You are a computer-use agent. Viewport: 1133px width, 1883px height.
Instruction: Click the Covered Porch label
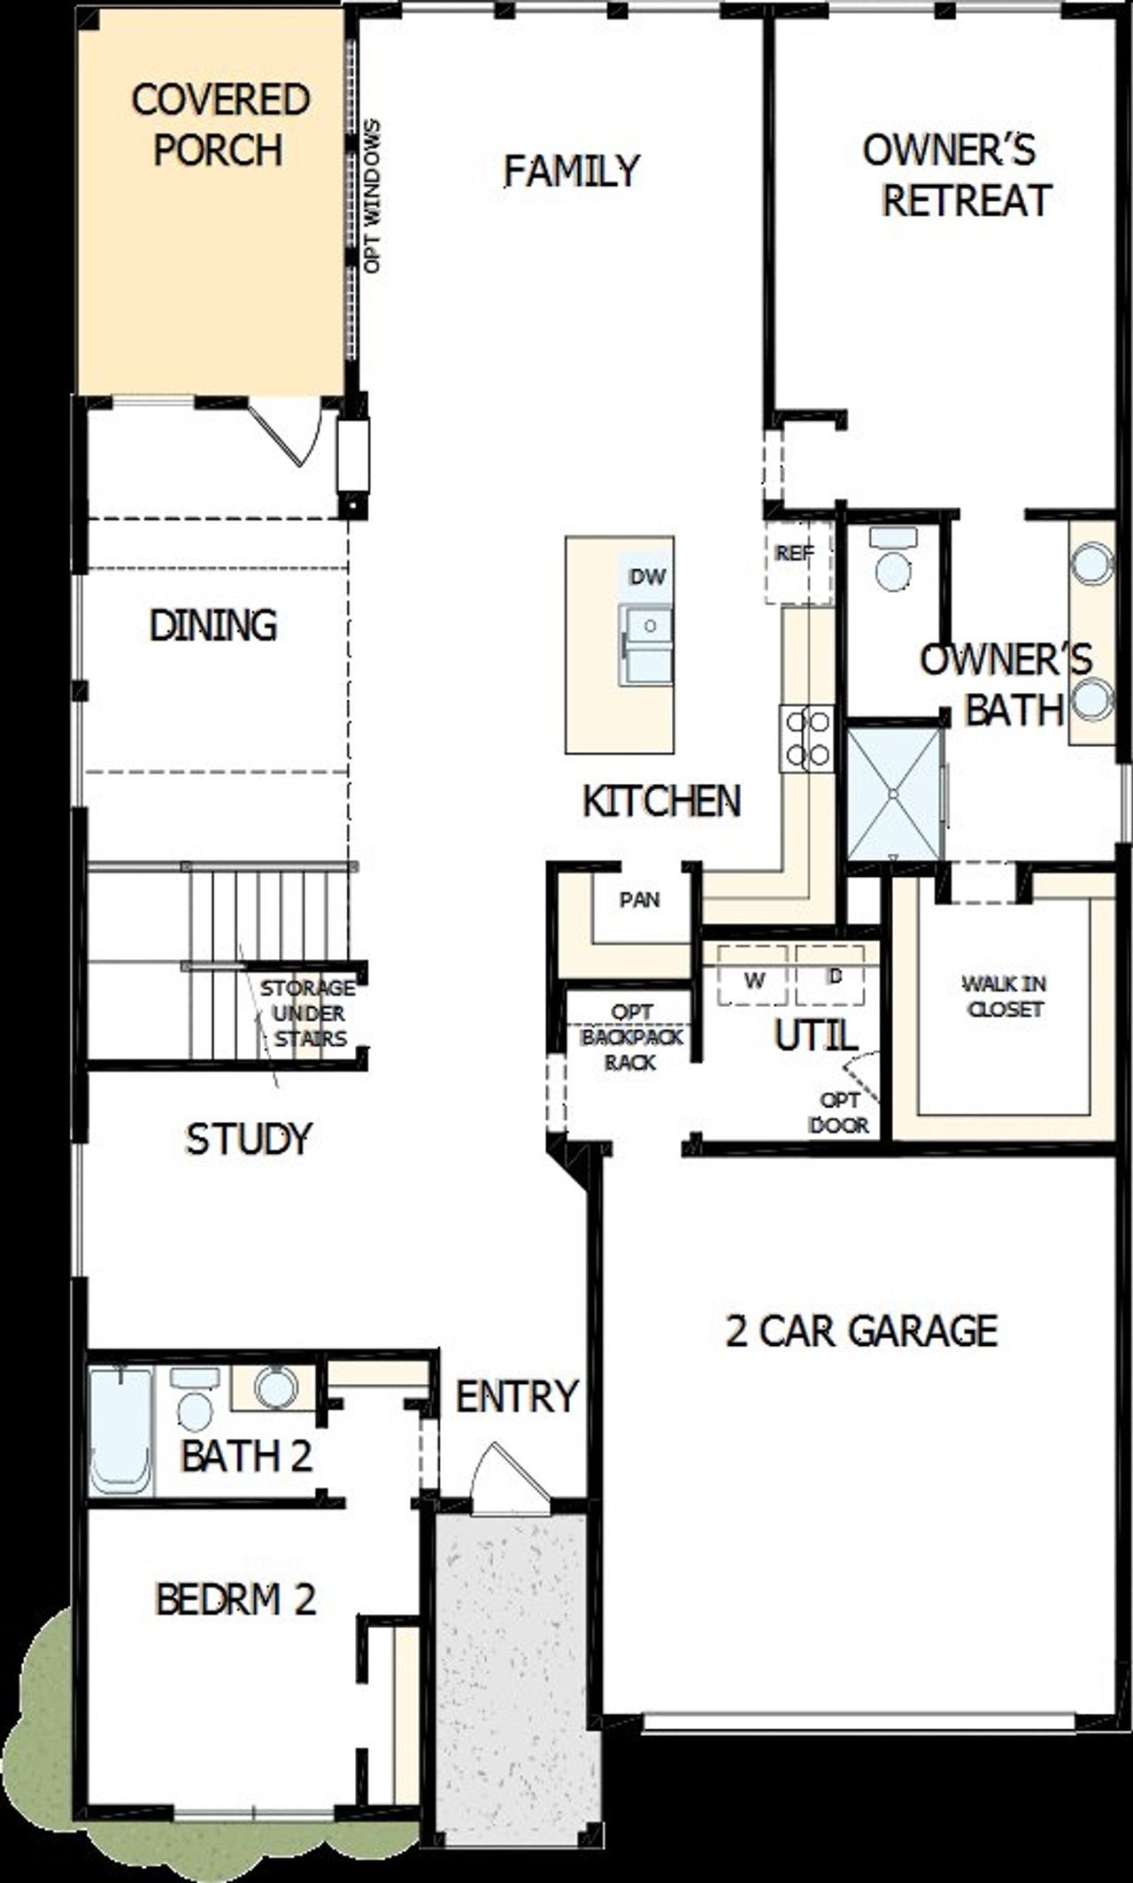click(x=220, y=125)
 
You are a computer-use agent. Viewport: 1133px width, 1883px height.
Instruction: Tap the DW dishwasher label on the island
click(x=647, y=577)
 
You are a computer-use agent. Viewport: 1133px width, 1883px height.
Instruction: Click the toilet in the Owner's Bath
click(x=892, y=561)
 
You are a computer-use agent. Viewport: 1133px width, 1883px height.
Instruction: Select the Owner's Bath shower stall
click(x=894, y=794)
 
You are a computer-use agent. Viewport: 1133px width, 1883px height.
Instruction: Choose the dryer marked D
click(x=832, y=977)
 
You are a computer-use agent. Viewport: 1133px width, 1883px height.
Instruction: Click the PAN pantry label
click(x=639, y=900)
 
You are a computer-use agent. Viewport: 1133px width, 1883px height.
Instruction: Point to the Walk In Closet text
click(x=1005, y=995)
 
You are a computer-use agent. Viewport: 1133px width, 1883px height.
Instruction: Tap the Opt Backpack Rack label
click(x=631, y=1037)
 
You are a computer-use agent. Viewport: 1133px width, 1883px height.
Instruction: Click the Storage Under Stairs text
click(x=309, y=1013)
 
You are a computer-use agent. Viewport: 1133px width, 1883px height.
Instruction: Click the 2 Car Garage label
click(x=861, y=1330)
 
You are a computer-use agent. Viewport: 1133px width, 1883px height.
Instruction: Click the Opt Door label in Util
click(x=839, y=1113)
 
